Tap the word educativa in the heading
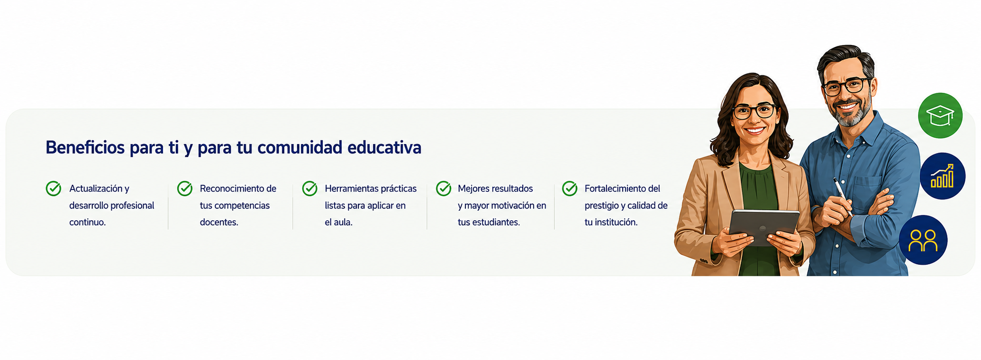384,147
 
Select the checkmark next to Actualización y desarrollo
54,188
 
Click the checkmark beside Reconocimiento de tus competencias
185,188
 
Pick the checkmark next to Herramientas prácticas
310,188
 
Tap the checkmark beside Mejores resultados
444,188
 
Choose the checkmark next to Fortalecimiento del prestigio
570,188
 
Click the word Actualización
96,189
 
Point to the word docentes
219,222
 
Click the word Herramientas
351,189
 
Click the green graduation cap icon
940,116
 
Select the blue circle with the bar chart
943,176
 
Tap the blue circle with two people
923,240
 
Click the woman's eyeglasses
754,112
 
